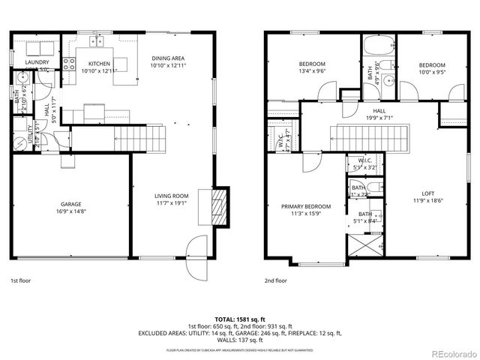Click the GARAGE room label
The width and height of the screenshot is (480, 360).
(x=71, y=204)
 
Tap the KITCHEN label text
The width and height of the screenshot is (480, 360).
(x=100, y=64)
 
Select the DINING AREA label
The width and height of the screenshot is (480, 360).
(x=168, y=58)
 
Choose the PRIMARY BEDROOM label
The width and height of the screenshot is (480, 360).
(x=305, y=206)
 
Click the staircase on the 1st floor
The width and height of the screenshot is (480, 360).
(x=139, y=136)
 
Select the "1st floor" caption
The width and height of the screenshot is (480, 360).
(x=20, y=280)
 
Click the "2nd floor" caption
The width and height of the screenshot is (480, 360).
(x=275, y=280)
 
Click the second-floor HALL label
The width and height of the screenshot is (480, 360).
(x=369, y=111)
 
